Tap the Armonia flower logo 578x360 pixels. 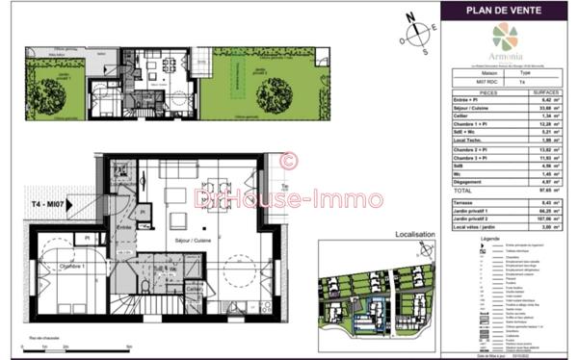504,36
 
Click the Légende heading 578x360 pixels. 488,237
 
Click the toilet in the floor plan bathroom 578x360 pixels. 144,286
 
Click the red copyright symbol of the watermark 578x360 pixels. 287,161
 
